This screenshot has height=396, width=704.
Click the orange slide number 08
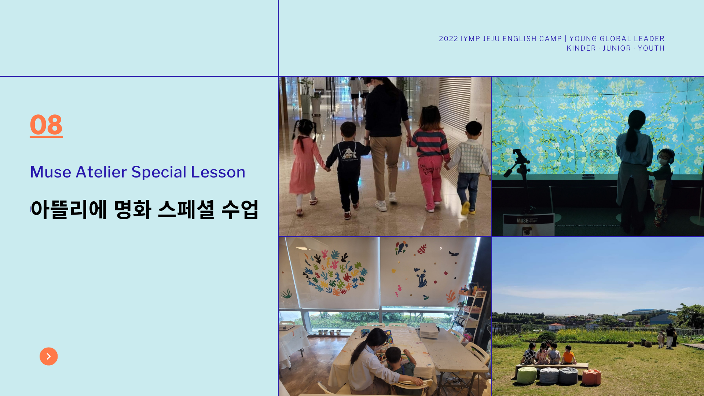click(x=46, y=125)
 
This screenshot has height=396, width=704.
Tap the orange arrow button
click(x=49, y=356)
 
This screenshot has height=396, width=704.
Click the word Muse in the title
click(x=51, y=172)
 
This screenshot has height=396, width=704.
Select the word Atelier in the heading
click(x=101, y=172)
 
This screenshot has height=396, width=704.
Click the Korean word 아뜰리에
click(x=69, y=210)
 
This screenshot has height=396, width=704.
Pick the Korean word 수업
click(x=240, y=210)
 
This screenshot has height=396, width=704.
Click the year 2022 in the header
click(x=448, y=39)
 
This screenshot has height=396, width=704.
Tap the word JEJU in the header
click(x=491, y=39)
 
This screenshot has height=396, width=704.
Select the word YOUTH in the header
click(x=651, y=48)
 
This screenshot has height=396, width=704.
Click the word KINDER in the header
click(x=581, y=48)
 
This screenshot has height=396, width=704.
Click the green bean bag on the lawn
click(x=527, y=375)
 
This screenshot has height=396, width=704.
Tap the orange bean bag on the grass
click(x=591, y=377)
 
